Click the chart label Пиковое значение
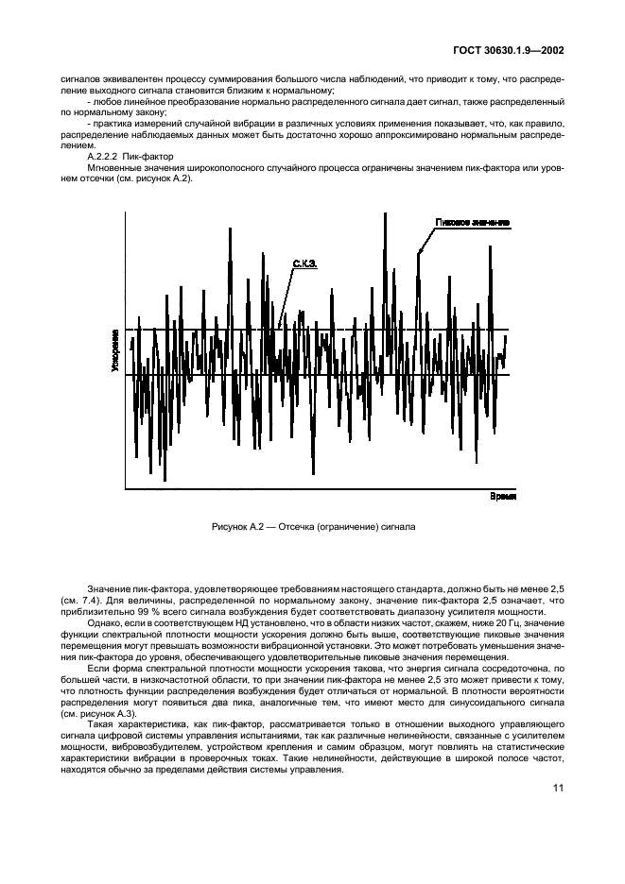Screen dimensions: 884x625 (x=473, y=223)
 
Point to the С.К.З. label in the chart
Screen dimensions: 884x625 (x=304, y=266)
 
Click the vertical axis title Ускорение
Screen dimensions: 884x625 (x=114, y=351)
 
